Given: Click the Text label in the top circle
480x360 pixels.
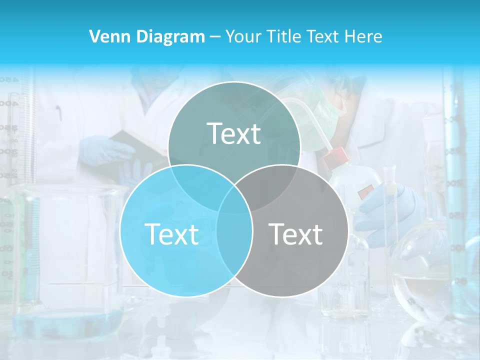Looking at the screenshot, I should point(234,133).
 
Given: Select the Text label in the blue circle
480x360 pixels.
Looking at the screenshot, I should point(171,233).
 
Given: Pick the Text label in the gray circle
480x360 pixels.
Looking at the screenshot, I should point(295,233).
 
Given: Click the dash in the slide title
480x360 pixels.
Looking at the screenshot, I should point(215,37).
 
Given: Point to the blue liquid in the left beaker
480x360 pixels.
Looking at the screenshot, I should point(67,320).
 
